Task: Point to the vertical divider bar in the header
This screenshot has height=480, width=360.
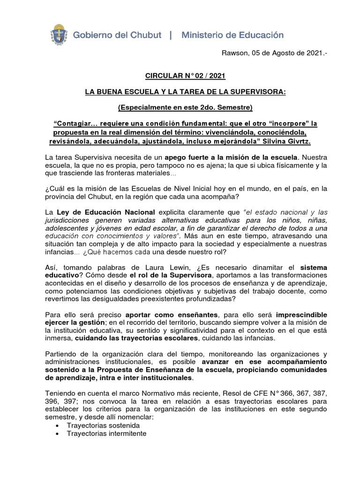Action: tap(170, 35)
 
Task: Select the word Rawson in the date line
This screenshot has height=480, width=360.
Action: tap(234, 54)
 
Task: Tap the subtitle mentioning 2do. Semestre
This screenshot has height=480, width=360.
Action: tap(186, 107)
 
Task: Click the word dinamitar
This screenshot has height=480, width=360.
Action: tap(250, 267)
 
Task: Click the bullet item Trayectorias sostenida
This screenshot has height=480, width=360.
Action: tap(103, 425)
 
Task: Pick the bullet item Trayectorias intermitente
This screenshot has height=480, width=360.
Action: tap(106, 434)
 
